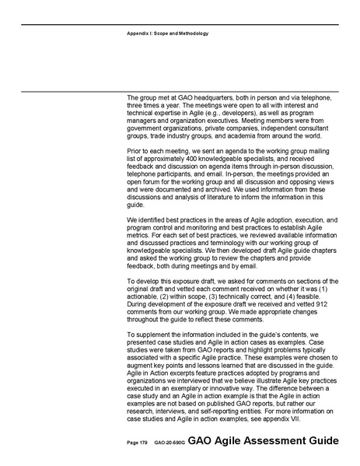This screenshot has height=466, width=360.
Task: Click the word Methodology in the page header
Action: point(192,33)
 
